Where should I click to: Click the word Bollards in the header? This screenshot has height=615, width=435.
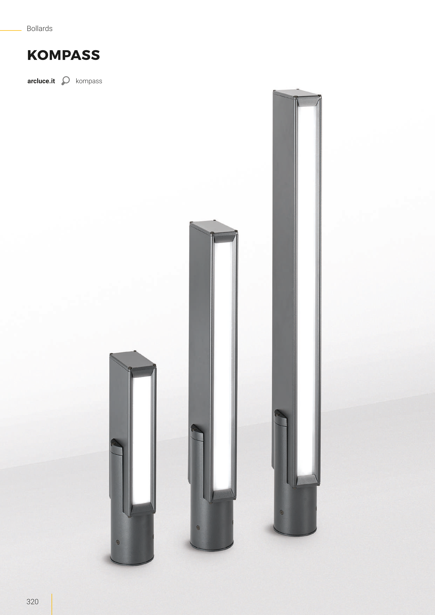pyautogui.click(x=40, y=29)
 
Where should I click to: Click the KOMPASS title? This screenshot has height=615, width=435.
pyautogui.click(x=64, y=55)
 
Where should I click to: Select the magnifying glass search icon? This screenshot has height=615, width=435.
pyautogui.click(x=65, y=81)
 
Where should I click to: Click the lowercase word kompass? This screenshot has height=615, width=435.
pyautogui.click(x=89, y=81)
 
